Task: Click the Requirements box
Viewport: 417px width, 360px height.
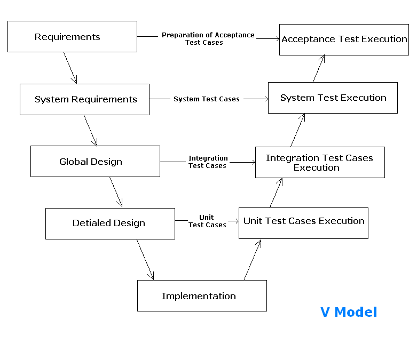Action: tap(72, 37)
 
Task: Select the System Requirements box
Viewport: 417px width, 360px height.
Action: tap(84, 99)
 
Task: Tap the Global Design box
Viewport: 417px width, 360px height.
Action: tap(95, 162)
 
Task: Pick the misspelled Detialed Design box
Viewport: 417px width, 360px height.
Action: tap(110, 223)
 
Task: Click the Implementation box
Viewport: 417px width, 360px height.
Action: tap(202, 296)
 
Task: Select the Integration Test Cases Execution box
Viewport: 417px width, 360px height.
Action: tap(320, 163)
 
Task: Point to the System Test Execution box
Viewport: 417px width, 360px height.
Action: tap(333, 98)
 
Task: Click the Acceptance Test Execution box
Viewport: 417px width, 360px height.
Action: tap(344, 39)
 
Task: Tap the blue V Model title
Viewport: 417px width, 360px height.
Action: tap(349, 312)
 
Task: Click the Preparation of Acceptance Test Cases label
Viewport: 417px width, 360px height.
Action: tap(208, 39)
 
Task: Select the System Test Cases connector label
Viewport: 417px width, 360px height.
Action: tap(207, 99)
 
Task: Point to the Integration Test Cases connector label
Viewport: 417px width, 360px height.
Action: tap(208, 162)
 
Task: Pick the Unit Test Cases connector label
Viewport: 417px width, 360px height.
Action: tap(207, 221)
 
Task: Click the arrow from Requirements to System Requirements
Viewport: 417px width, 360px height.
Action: tap(70, 68)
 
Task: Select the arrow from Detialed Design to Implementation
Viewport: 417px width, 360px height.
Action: tap(145, 259)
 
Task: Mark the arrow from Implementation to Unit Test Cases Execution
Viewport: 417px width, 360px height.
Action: tap(253, 260)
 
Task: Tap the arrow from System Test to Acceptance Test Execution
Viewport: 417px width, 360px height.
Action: tap(319, 68)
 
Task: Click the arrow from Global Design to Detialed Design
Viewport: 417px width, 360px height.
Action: tap(116, 192)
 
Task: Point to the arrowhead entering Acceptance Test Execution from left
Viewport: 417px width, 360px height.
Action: tap(276, 38)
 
